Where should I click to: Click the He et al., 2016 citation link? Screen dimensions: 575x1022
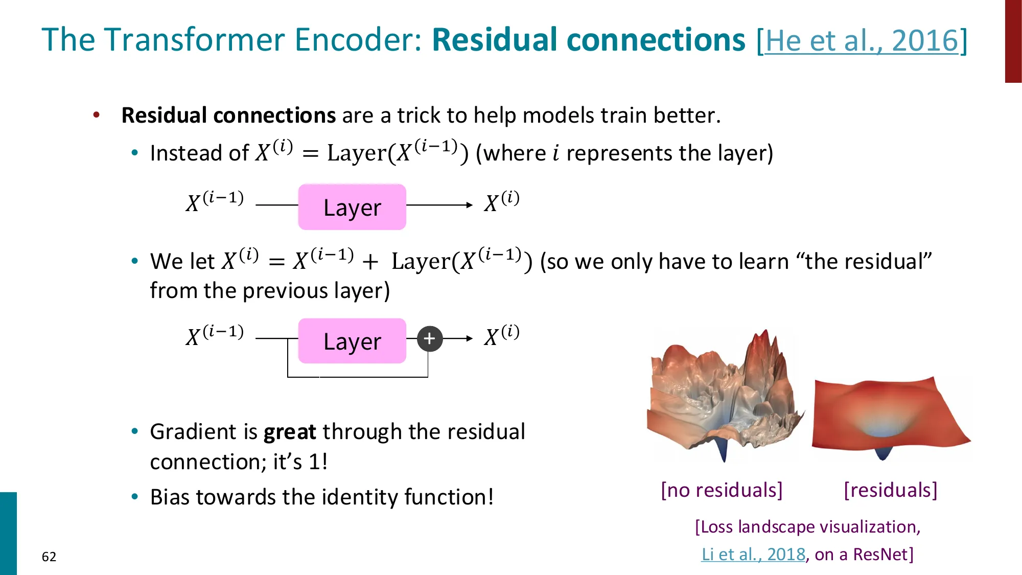pyautogui.click(x=862, y=41)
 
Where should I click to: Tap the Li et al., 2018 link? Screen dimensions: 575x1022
pyautogui.click(x=753, y=554)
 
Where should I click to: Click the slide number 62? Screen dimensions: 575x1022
pyautogui.click(x=49, y=557)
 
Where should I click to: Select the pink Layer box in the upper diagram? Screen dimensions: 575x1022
pyautogui.click(x=352, y=207)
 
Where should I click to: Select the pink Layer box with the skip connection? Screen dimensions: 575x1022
pyautogui.click(x=352, y=341)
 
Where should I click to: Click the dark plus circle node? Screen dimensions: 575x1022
pyautogui.click(x=429, y=338)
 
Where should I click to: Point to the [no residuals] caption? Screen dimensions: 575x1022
pyautogui.click(x=722, y=490)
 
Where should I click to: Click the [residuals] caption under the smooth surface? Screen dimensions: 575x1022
pyautogui.click(x=890, y=490)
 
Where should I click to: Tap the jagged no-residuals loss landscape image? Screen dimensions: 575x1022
pyautogui.click(x=723, y=394)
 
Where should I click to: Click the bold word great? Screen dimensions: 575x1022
pyautogui.click(x=290, y=432)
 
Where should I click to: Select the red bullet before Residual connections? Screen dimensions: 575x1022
pyautogui.click(x=97, y=115)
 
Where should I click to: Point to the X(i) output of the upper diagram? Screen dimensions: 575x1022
pyautogui.click(x=501, y=201)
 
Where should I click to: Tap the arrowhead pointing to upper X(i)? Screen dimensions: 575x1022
pyautogui.click(x=469, y=205)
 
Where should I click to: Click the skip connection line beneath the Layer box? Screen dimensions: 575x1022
pyautogui.click(x=358, y=377)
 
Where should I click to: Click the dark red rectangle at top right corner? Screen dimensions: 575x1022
pyautogui.click(x=1013, y=41)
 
